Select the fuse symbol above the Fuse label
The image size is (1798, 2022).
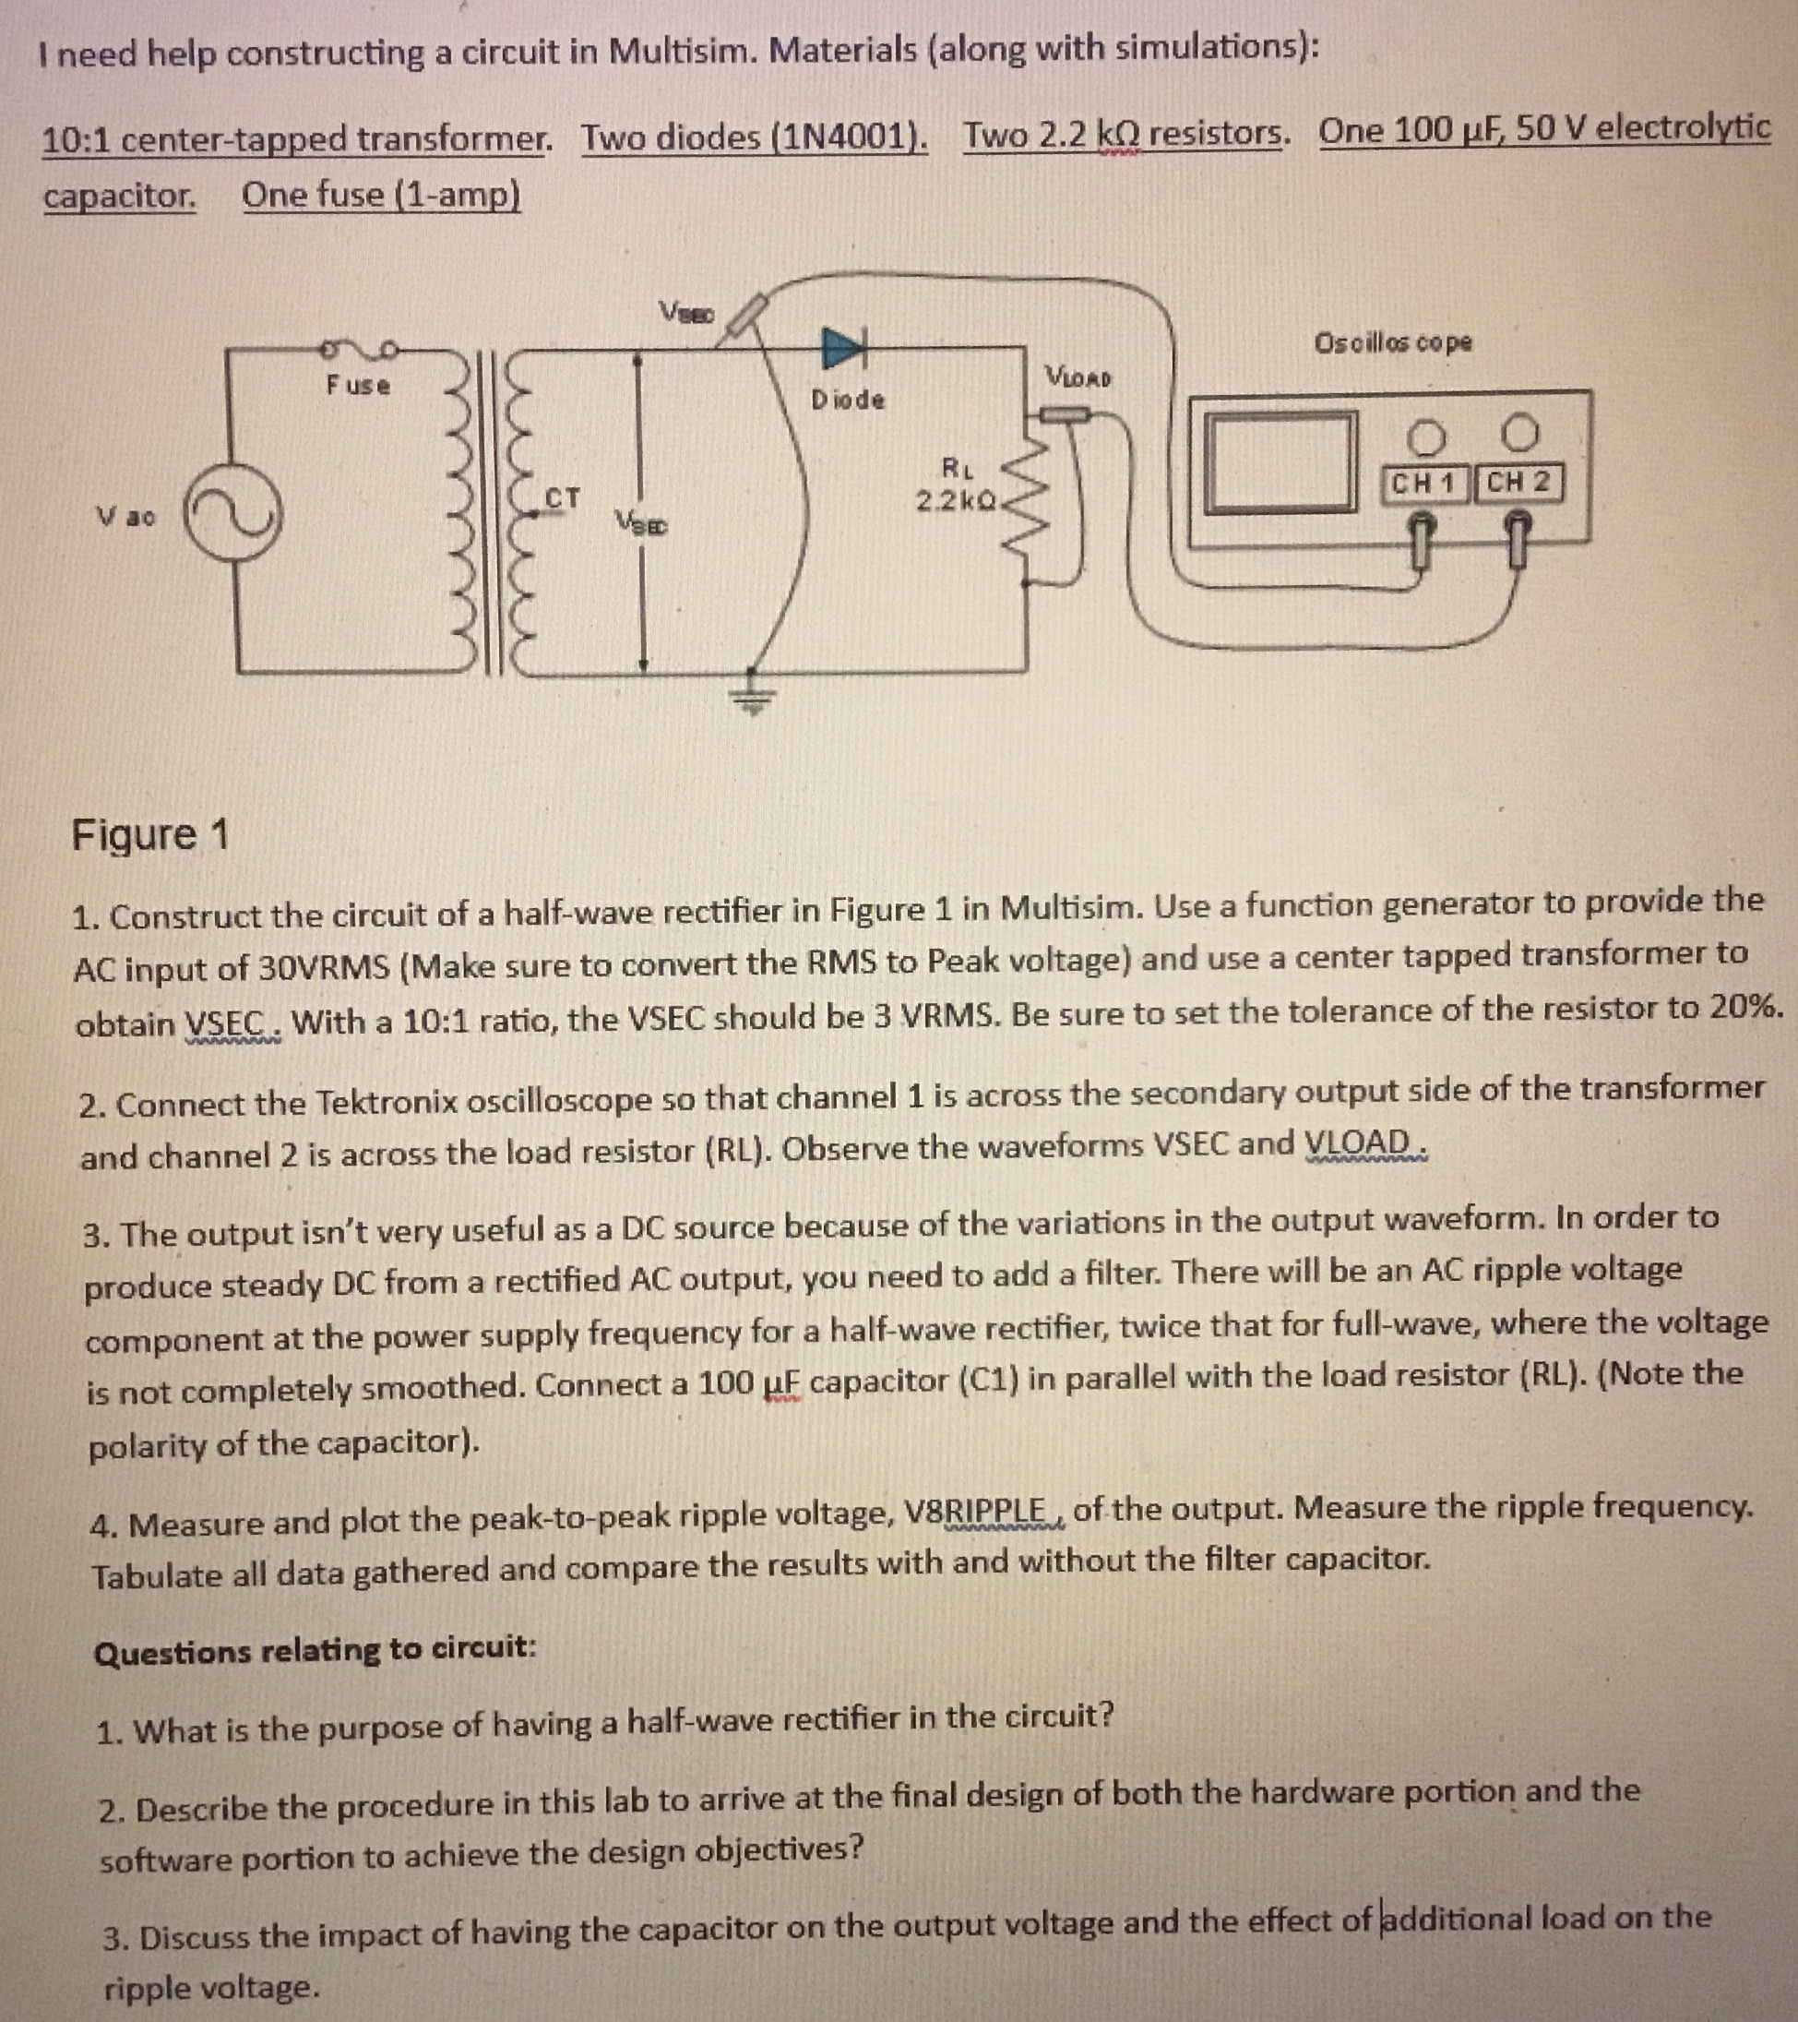click(x=357, y=348)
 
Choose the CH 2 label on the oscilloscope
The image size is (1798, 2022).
click(x=1518, y=483)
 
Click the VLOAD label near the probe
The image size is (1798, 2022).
click(x=1077, y=377)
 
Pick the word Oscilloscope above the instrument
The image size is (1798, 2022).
click(x=1391, y=342)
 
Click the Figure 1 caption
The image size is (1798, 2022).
click(x=149, y=834)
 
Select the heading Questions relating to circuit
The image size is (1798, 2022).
click(x=315, y=1649)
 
